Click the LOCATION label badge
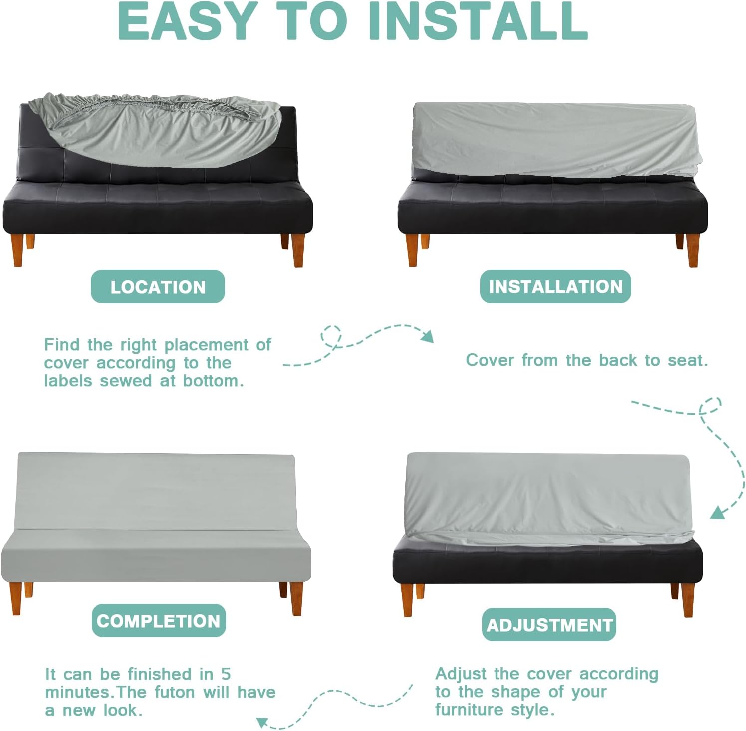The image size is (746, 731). [x=158, y=286]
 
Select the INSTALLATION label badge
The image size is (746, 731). [x=555, y=286]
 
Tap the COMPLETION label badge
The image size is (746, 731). [x=159, y=621]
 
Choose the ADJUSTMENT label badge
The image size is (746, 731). [x=549, y=625]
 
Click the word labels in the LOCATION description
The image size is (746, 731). [x=69, y=381]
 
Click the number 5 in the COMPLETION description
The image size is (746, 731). [x=226, y=674]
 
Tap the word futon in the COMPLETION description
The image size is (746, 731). [x=176, y=692]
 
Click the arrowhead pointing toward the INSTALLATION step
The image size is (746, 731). [x=428, y=337]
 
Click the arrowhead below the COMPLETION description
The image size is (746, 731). [x=263, y=722]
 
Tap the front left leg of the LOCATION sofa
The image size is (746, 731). [x=17, y=250]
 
